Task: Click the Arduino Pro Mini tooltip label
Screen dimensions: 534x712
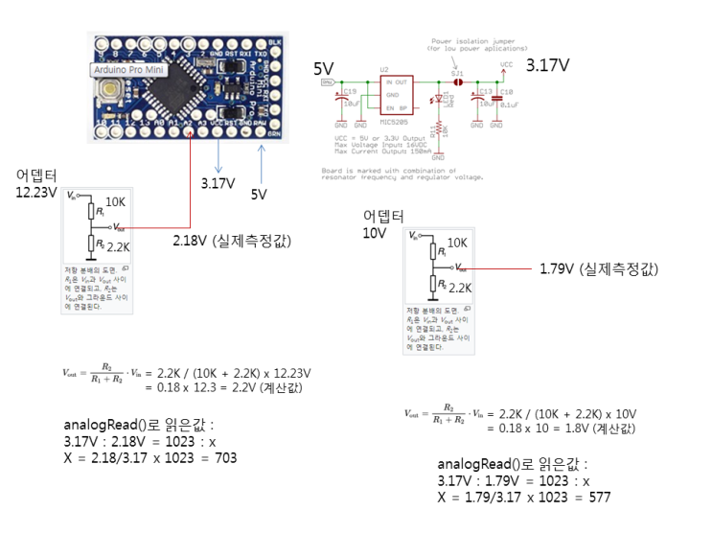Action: (x=131, y=70)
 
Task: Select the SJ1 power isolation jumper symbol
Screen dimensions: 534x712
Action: (x=458, y=82)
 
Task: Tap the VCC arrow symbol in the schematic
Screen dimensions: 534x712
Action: (x=505, y=70)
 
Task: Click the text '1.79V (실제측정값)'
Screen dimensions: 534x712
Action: (x=599, y=269)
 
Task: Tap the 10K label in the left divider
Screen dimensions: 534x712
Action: (x=115, y=202)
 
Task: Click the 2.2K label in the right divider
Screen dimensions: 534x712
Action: (x=460, y=287)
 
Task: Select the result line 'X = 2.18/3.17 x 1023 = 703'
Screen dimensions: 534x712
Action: (x=151, y=457)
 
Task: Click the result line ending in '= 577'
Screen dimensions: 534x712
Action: (x=524, y=498)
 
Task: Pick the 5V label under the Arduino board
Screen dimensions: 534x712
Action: (x=259, y=194)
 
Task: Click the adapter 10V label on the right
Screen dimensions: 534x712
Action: (x=375, y=233)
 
